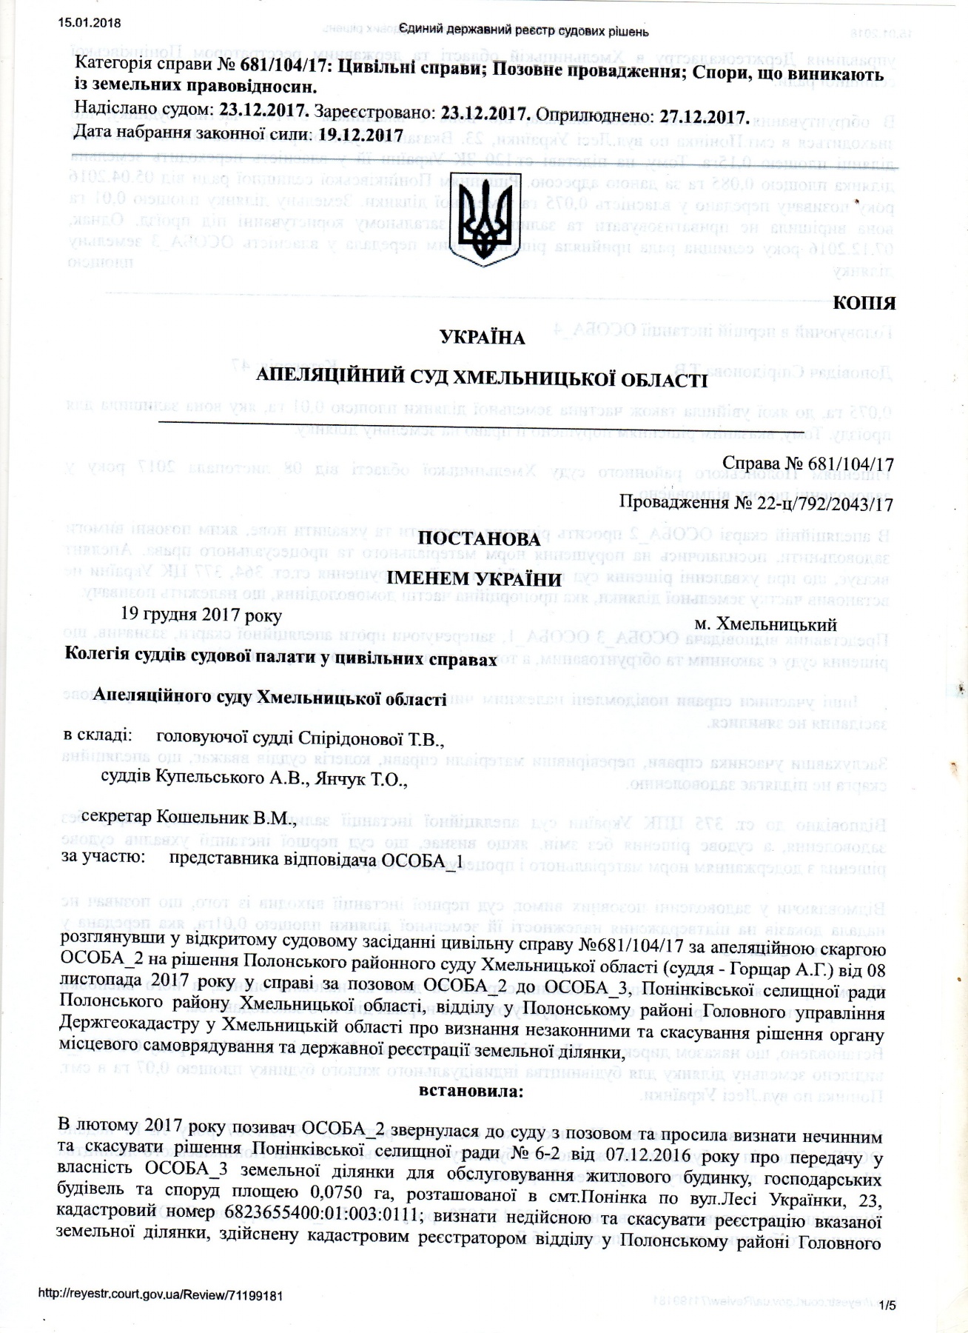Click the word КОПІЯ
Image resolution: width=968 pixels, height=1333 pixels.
pyautogui.click(x=864, y=303)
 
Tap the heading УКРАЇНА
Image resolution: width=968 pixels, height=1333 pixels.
pyautogui.click(x=482, y=338)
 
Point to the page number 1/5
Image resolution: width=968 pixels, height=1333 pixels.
pyautogui.click(x=887, y=1307)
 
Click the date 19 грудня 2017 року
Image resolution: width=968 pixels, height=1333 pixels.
pyautogui.click(x=201, y=615)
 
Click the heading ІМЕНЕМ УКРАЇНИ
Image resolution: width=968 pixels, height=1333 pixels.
pyautogui.click(x=482, y=577)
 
